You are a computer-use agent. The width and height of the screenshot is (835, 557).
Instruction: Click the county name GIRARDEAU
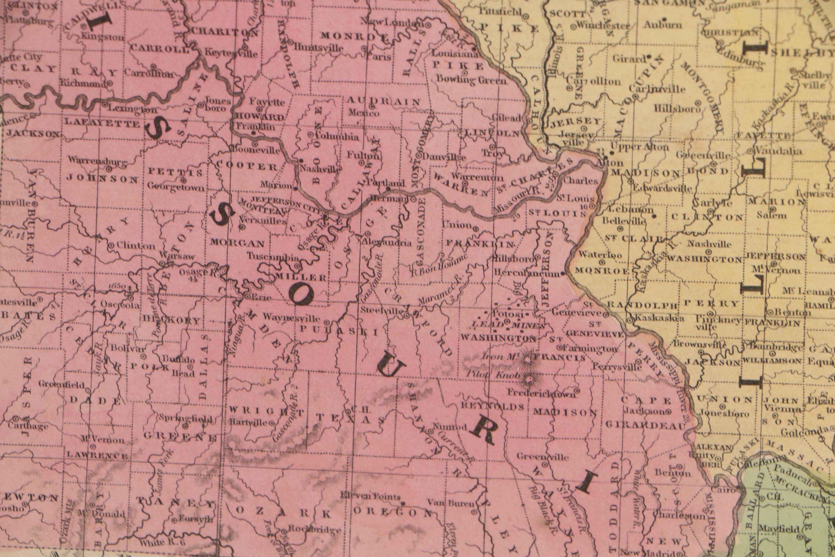click(644, 425)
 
